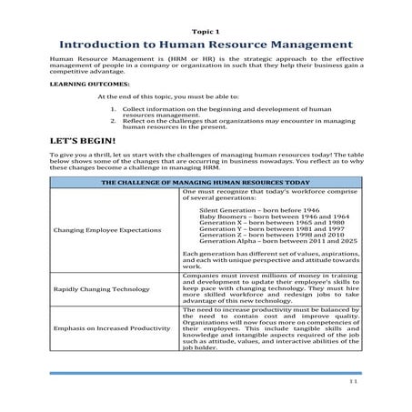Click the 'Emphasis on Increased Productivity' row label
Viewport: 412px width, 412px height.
[112, 340]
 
